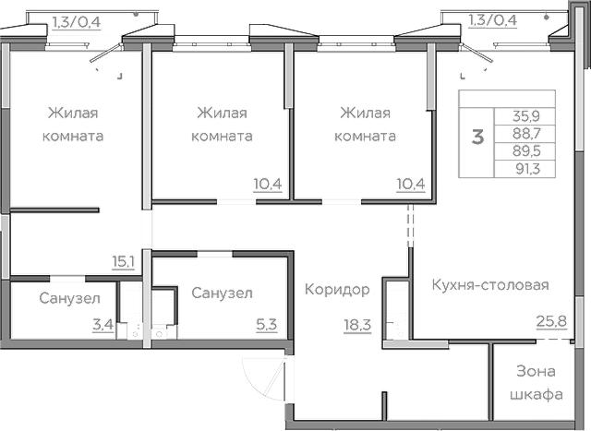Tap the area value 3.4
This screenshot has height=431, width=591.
tap(103, 324)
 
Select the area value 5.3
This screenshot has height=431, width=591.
tap(265, 324)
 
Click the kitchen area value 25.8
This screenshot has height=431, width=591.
tap(551, 321)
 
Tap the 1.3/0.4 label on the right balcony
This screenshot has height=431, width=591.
tap(492, 18)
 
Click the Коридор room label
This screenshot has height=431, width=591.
tap(337, 290)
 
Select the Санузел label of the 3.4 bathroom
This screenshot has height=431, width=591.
tap(64, 298)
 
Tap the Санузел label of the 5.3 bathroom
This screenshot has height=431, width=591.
tap(223, 293)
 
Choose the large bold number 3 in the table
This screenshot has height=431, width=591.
tap(477, 138)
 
